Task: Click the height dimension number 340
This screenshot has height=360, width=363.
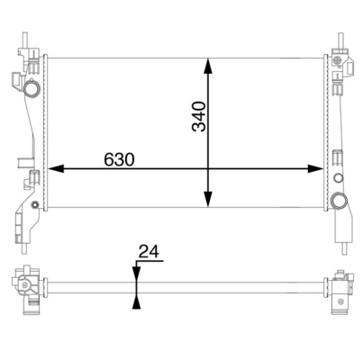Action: click(199, 117)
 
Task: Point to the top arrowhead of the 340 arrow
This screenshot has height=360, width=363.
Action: click(209, 66)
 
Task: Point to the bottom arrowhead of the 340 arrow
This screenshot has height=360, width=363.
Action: click(209, 202)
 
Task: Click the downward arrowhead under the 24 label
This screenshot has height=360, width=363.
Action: click(135, 275)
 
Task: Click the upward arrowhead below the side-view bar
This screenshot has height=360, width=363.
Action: click(135, 302)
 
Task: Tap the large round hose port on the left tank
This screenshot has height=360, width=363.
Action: click(32, 90)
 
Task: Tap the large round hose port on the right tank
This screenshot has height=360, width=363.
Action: click(339, 200)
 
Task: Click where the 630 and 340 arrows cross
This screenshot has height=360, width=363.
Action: click(209, 168)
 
